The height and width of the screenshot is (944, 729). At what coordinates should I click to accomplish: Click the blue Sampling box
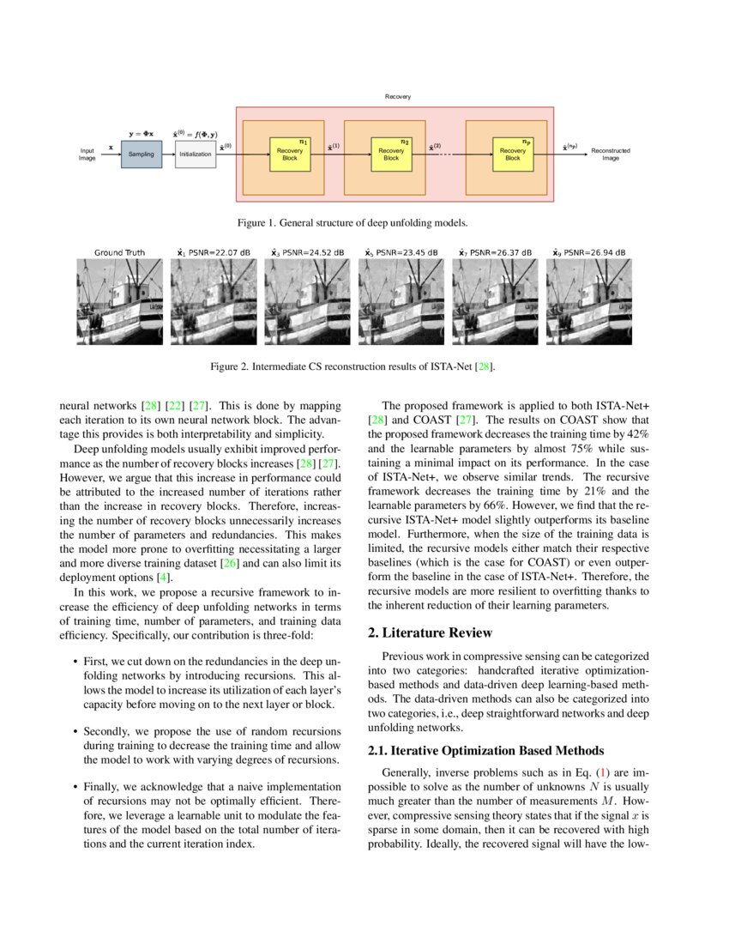(141, 154)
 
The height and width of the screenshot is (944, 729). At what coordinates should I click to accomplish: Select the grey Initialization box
(195, 154)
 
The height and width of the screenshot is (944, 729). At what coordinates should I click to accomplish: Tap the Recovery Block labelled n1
(290, 154)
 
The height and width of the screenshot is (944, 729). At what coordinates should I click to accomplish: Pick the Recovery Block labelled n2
(391, 154)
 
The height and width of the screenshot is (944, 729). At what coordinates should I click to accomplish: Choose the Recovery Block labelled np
(512, 154)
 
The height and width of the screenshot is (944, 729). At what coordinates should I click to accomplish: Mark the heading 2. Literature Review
(430, 632)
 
